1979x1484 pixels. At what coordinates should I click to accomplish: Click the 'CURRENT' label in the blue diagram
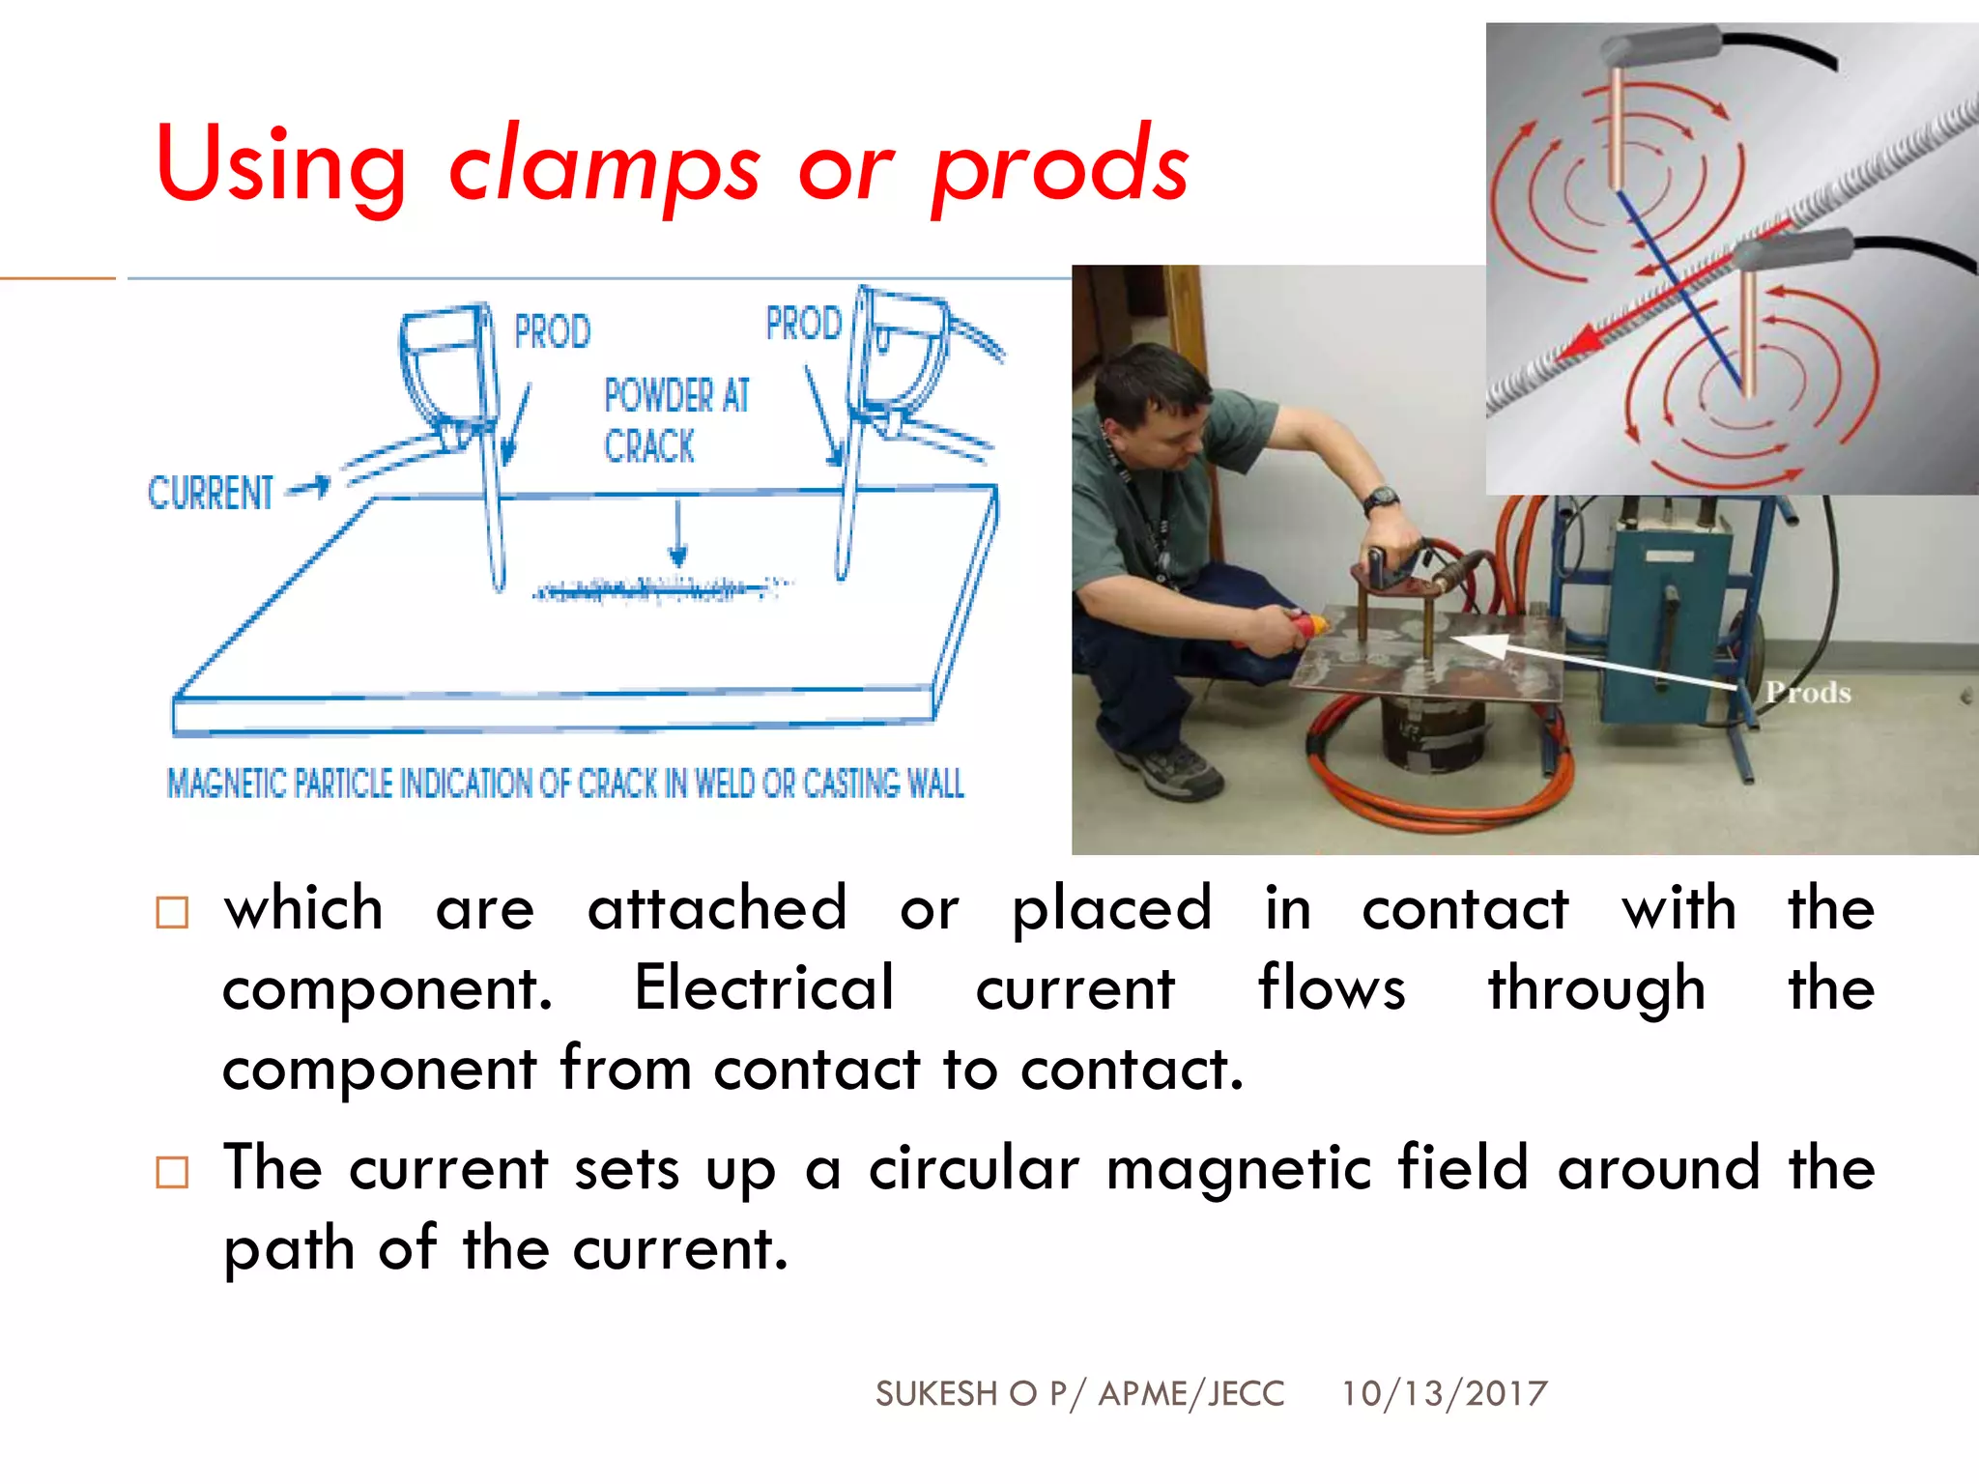point(211,493)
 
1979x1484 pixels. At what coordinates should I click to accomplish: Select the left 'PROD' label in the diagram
point(552,332)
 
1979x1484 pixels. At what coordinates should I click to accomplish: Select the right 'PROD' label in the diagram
point(803,324)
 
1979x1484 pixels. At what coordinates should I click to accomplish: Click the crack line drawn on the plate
point(657,588)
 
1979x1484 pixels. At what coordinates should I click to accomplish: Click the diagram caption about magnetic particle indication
point(565,784)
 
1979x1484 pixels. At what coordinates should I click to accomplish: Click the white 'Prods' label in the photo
point(1808,693)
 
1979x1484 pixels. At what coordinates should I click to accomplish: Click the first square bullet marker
point(172,912)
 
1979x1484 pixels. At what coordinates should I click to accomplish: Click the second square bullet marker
point(172,1172)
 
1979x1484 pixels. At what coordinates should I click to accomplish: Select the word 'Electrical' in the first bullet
point(763,988)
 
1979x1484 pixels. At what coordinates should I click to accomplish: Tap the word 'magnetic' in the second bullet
point(1238,1168)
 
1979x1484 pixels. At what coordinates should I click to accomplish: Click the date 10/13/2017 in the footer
point(1444,1393)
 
